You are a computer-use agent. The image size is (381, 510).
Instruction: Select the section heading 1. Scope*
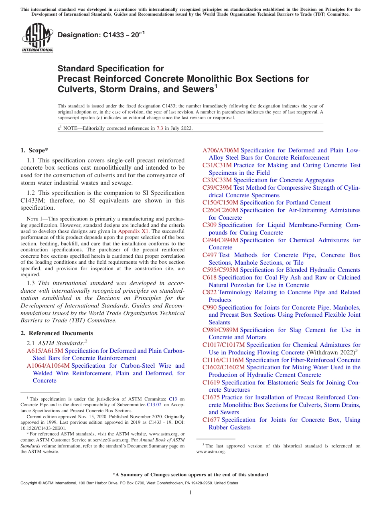tap(34, 150)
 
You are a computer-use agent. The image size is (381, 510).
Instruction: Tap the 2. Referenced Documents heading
tap(57, 333)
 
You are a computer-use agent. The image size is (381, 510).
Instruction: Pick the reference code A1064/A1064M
tap(48, 366)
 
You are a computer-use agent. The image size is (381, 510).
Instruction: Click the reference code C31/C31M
tap(217, 165)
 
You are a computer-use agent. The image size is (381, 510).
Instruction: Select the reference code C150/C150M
tap(220, 202)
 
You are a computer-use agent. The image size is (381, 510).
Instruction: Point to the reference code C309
tap(209, 225)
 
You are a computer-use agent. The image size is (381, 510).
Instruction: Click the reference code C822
tap(209, 292)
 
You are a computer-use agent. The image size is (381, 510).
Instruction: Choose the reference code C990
tap(209, 308)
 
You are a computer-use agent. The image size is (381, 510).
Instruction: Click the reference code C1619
tap(211, 382)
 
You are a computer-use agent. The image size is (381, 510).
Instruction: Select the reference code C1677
tap(211, 420)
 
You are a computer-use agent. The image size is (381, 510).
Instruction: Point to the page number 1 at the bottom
tap(190, 493)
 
